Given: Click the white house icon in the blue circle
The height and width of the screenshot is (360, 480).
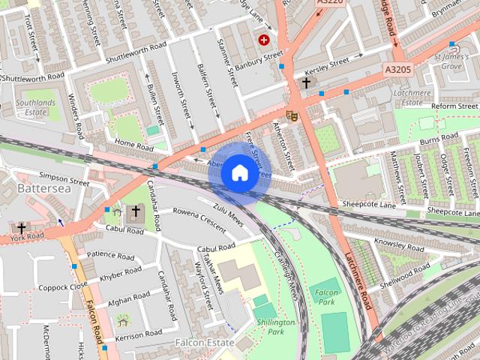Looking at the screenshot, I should [x=239, y=173].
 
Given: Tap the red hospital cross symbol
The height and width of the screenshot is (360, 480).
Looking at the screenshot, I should [x=264, y=40].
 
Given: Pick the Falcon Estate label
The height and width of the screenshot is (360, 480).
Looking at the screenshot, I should [x=205, y=342].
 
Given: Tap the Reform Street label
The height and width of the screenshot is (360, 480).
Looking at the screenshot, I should [x=454, y=106].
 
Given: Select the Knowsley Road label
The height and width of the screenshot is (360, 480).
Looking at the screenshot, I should [x=400, y=244].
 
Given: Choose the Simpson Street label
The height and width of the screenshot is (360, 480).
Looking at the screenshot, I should [x=64, y=180].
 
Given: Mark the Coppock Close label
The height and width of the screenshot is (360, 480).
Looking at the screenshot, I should [x=63, y=286].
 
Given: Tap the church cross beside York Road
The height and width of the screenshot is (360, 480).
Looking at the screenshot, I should [x=21, y=227].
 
